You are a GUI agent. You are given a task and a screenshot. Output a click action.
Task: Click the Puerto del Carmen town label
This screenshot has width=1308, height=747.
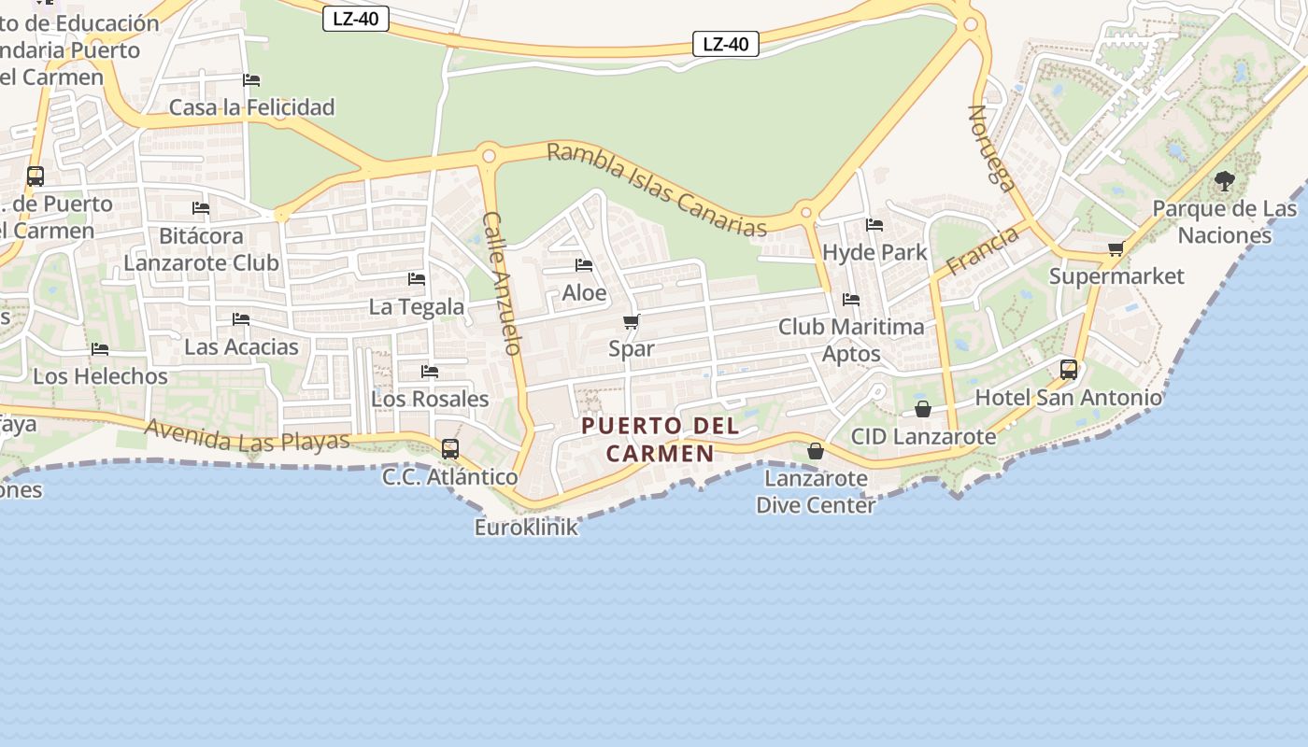[661, 440]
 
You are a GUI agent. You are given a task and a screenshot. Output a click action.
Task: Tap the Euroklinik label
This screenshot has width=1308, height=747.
[526, 528]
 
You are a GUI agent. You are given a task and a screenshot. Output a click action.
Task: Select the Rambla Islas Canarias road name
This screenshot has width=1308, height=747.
[656, 189]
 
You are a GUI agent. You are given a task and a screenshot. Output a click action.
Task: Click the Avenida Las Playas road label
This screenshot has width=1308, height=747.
[247, 436]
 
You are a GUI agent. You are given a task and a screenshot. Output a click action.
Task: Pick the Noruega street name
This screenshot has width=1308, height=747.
[991, 148]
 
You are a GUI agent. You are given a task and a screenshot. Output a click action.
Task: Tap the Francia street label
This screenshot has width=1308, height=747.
[982, 251]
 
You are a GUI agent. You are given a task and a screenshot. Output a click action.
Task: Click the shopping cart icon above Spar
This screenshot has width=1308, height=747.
[631, 322]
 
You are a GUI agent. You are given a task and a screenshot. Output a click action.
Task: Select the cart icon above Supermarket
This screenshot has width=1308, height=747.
[1116, 249]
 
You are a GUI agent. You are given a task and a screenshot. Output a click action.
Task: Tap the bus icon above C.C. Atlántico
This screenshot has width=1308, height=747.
[450, 449]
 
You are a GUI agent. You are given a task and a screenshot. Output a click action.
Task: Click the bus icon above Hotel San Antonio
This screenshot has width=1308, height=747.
[1069, 370]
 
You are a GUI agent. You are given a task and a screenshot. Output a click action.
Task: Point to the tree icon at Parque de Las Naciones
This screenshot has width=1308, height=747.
[1224, 181]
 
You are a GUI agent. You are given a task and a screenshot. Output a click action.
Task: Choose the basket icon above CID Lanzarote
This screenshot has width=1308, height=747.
[923, 409]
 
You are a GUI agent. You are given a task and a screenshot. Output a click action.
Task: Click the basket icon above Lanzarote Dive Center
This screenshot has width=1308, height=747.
[816, 451]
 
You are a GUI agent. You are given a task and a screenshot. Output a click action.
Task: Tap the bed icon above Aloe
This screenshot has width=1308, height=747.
[584, 265]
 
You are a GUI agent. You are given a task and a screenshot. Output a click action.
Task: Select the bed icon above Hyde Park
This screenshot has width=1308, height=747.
[874, 225]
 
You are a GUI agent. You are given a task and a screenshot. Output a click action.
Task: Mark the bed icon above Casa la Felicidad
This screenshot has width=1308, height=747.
[251, 80]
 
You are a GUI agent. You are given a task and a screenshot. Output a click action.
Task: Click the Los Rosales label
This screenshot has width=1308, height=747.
[430, 399]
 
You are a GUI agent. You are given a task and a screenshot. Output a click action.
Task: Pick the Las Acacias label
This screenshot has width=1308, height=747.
[241, 347]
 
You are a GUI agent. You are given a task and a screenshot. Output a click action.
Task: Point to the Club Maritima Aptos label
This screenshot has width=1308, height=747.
[851, 340]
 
